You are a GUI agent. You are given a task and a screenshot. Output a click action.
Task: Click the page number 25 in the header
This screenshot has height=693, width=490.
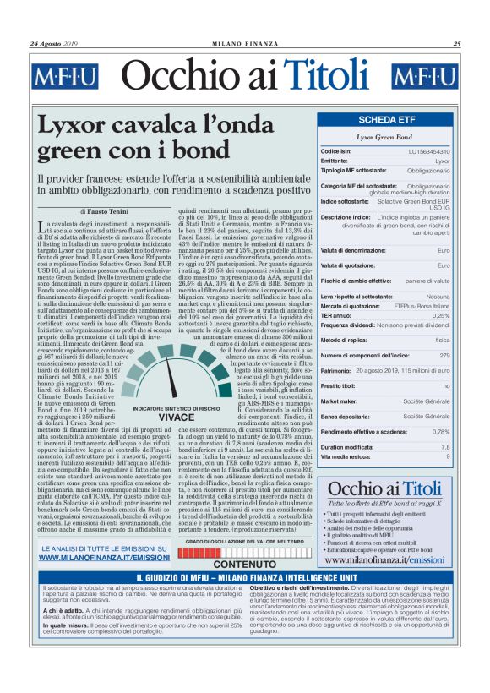click(456, 44)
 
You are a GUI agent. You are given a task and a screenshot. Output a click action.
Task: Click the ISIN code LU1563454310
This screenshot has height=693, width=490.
click(429, 151)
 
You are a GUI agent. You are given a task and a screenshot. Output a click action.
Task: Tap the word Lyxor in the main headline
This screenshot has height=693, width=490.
click(76, 127)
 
